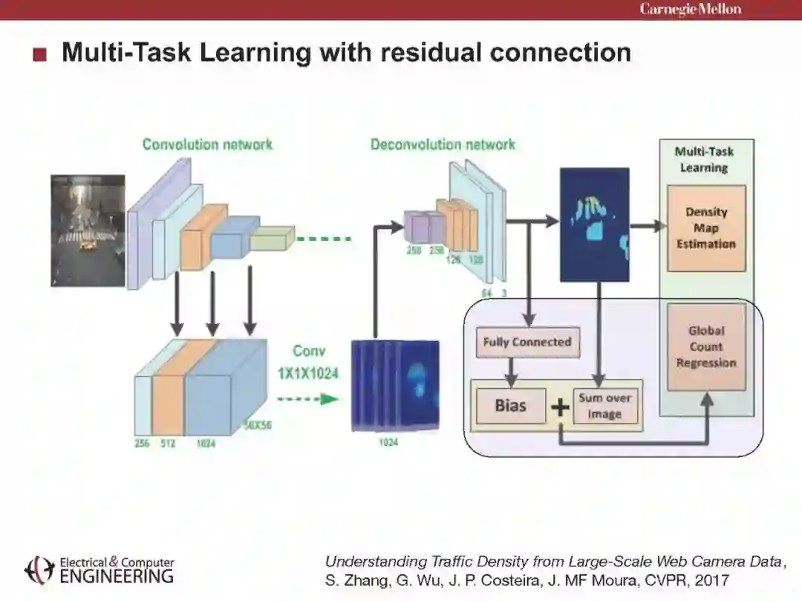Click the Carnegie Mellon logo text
click(x=691, y=9)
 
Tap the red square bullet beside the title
click(x=40, y=54)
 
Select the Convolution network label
click(x=207, y=144)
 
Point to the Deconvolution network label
click(x=443, y=144)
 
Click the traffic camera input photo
click(x=88, y=230)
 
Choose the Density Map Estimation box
click(x=705, y=228)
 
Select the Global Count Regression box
click(x=705, y=347)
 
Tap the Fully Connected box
click(x=527, y=342)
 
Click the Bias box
click(x=510, y=406)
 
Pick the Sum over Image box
click(x=604, y=406)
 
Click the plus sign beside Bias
click(x=559, y=407)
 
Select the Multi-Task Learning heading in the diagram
click(x=704, y=160)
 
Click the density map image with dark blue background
click(x=594, y=224)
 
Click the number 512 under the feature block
click(x=169, y=444)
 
